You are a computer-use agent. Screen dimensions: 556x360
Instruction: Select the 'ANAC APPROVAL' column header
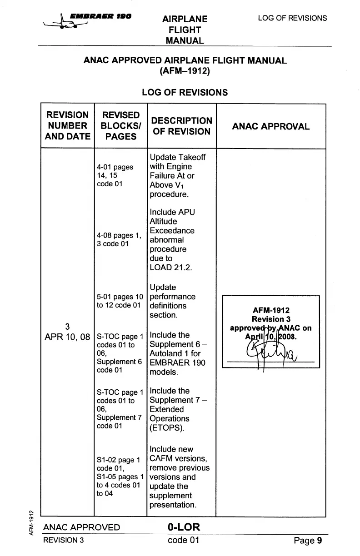(x=270, y=126)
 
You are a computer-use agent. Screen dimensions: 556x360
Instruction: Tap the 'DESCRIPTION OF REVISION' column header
(x=181, y=126)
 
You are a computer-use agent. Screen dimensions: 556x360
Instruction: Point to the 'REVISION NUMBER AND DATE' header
(x=67, y=126)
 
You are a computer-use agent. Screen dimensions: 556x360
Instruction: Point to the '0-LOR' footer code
(x=184, y=527)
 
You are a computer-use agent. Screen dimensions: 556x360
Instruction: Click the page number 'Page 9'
(x=308, y=541)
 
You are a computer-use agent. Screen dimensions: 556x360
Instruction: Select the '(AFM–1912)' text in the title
(x=185, y=71)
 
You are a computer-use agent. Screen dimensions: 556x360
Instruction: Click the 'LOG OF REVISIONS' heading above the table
(x=185, y=92)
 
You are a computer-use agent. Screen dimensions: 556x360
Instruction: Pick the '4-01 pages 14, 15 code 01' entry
(x=115, y=175)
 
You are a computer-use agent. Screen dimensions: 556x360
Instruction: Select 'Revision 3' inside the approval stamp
(x=271, y=319)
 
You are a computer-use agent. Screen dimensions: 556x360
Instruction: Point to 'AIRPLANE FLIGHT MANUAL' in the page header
(x=185, y=30)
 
